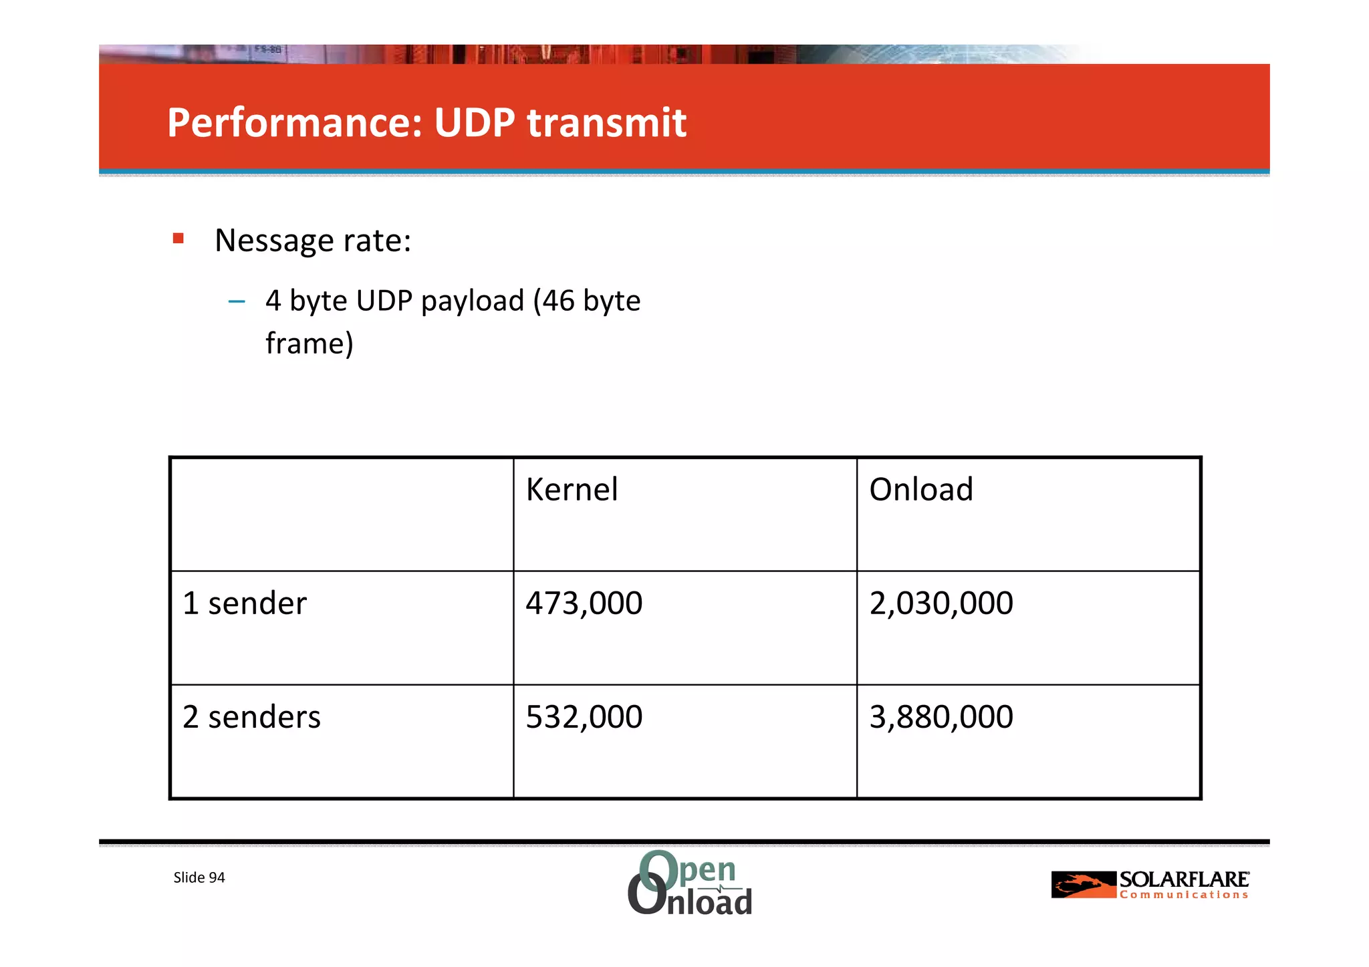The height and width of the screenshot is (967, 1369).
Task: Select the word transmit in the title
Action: [606, 123]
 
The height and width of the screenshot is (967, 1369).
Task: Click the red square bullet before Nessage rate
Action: [178, 239]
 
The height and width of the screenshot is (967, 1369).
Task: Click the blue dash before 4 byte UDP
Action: [237, 302]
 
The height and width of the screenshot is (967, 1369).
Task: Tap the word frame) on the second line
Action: [309, 344]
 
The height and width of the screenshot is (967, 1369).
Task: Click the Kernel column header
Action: [572, 490]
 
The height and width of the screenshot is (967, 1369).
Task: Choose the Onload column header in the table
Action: [920, 490]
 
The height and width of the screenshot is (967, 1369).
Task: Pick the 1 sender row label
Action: [245, 603]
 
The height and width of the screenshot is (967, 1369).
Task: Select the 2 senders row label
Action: [251, 717]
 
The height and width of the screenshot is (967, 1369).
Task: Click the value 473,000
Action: [584, 603]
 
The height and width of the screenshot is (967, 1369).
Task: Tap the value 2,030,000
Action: [941, 603]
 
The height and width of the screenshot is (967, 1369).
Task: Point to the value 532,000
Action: [584, 717]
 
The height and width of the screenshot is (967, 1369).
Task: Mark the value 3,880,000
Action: [941, 717]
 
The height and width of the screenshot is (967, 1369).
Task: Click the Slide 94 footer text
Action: [199, 877]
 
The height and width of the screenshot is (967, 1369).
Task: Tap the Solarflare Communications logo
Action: [1150, 885]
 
